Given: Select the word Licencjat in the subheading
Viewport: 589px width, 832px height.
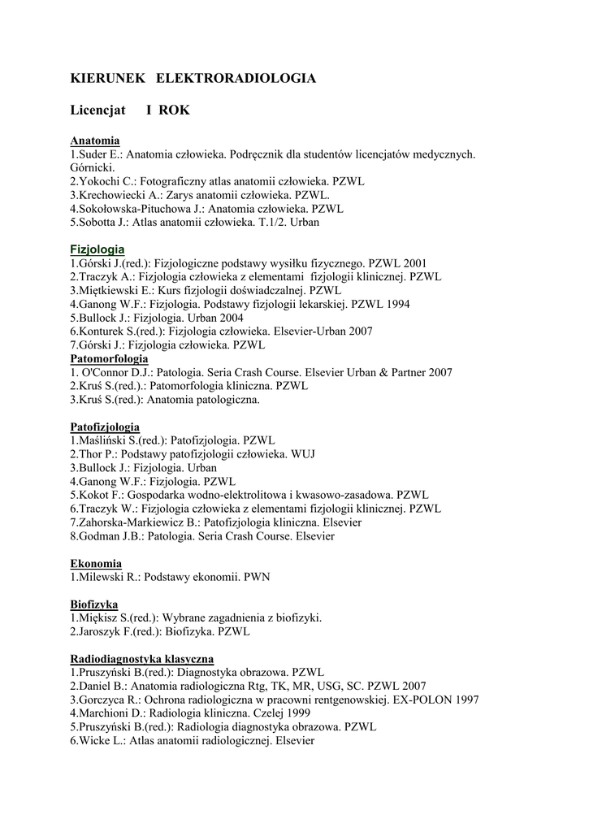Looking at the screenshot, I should coord(97,110).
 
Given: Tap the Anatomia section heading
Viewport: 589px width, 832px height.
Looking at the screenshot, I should coord(95,141).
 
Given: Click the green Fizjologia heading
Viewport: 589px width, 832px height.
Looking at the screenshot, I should coord(97,249).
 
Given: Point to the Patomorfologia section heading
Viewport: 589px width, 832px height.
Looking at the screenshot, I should coord(109,358).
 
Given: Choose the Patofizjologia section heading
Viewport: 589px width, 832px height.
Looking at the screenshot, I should coord(105,427).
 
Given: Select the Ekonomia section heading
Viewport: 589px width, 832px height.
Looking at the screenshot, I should coord(96,563).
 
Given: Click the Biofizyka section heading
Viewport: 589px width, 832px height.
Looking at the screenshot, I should coord(94,604).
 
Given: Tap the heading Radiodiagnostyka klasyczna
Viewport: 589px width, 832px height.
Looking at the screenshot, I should coord(142,659).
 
